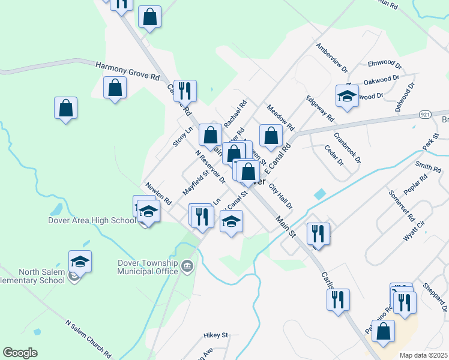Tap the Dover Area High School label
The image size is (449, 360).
coord(92,220)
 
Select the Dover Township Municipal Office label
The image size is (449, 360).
coord(148,267)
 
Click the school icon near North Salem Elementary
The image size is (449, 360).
coord(80,262)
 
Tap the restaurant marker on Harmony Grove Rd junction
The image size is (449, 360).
coord(185,91)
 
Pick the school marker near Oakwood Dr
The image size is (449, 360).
coord(347,96)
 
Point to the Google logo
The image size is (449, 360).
coord(20,353)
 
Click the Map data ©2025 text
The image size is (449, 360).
coord(424,355)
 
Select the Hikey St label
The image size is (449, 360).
coord(216,335)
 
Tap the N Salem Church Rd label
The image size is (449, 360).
coord(88,339)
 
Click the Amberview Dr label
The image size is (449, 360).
coord(332,58)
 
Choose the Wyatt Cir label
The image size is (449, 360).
coord(414,230)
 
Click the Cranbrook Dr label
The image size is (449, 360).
coord(348,148)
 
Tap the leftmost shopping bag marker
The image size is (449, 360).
coord(66,109)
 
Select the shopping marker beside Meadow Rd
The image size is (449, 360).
coord(271,136)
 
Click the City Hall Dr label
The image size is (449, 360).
coord(281,196)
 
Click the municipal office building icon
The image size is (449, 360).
coord(187,266)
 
